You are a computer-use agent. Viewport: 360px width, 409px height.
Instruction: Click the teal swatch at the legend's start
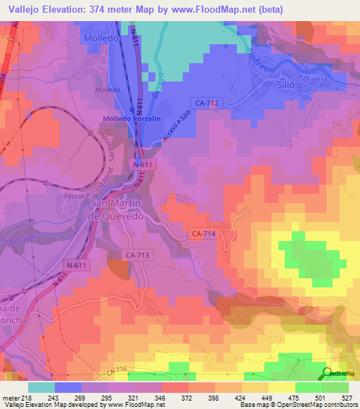click(x=41, y=387)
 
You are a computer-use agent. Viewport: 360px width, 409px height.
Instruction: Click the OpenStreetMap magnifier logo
click(x=326, y=374)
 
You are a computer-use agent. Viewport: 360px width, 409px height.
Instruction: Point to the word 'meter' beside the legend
click(x=11, y=397)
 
